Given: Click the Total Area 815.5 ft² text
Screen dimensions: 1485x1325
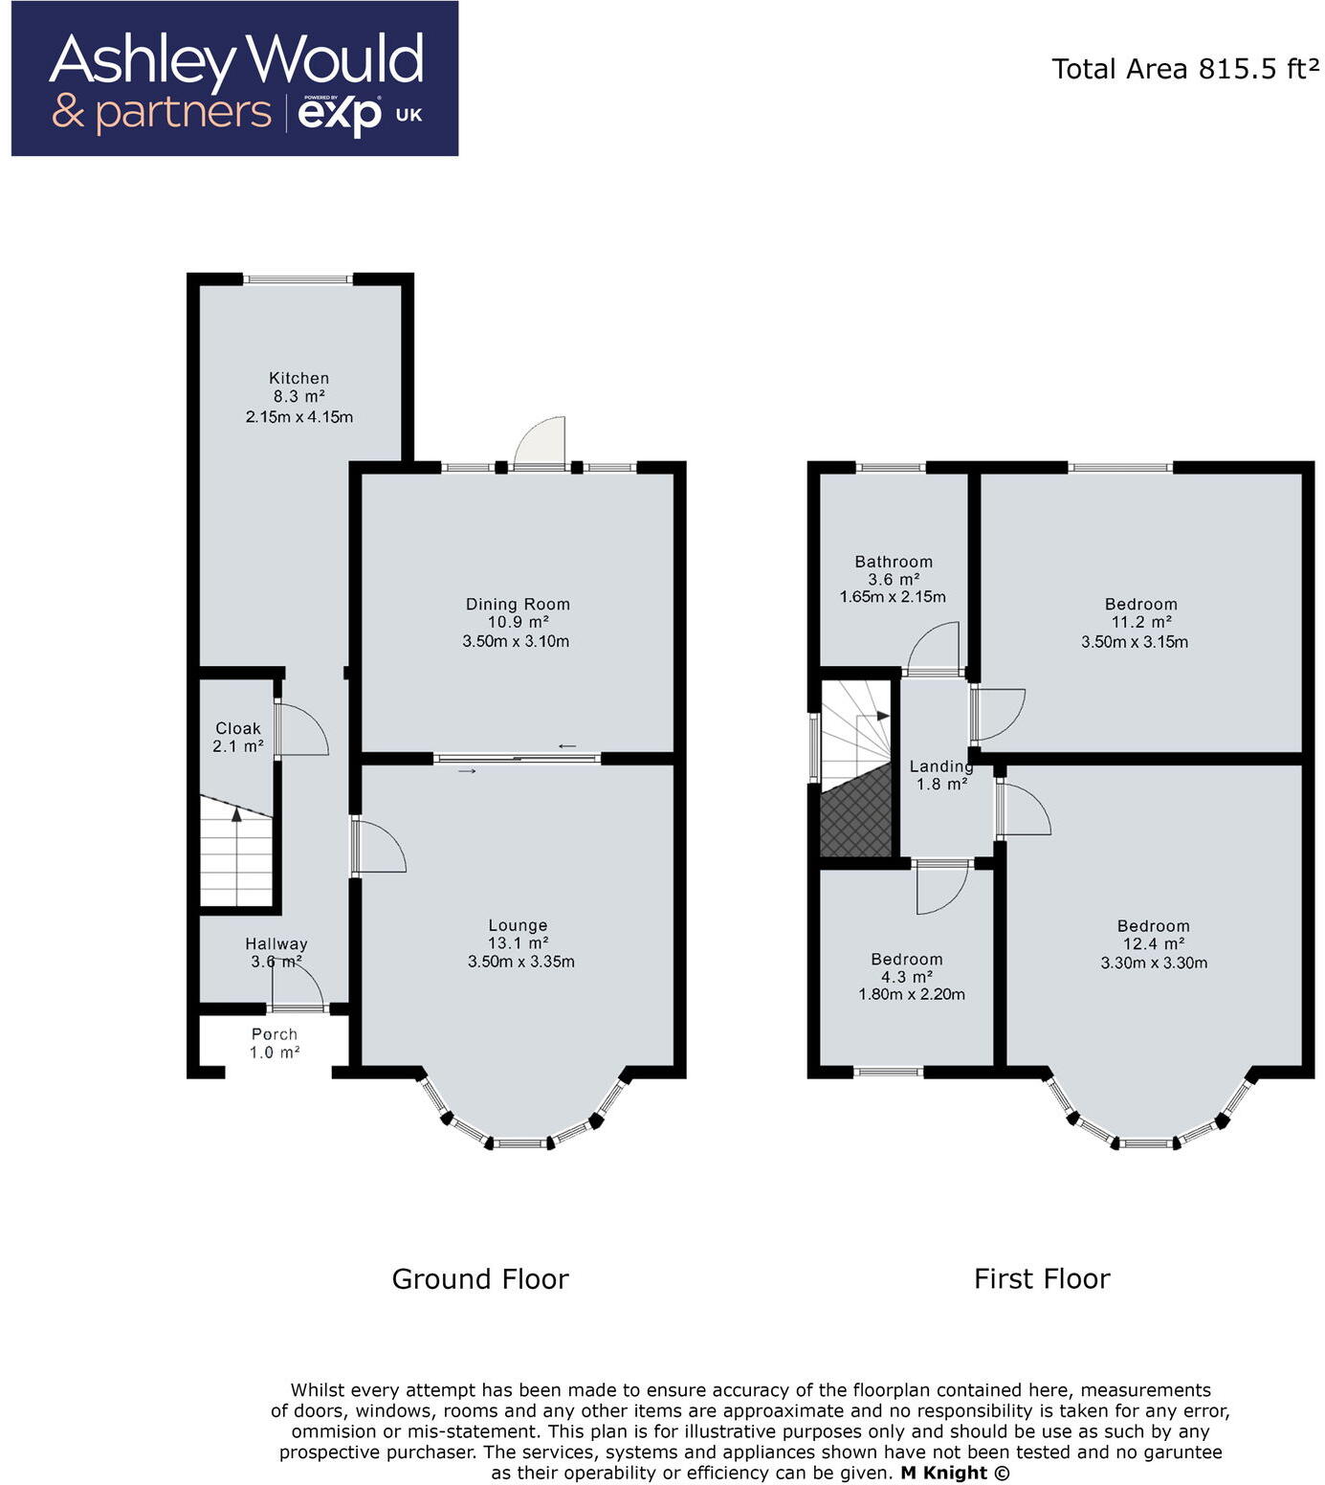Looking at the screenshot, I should click(x=1185, y=69).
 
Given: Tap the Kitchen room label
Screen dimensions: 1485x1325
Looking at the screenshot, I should click(x=298, y=378).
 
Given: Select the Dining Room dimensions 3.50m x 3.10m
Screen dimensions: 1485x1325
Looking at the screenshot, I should click(x=516, y=641).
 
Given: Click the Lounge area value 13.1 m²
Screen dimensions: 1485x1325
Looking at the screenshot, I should click(x=518, y=943).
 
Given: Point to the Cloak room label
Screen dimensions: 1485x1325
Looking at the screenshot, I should click(x=237, y=728).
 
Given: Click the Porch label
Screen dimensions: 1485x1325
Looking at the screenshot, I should click(x=275, y=1034).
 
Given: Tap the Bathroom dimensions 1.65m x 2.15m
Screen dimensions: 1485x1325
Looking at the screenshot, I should click(x=893, y=597).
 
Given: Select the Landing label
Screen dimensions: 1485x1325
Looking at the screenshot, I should click(x=941, y=766).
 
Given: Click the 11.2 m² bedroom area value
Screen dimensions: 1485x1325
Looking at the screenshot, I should click(x=1140, y=623).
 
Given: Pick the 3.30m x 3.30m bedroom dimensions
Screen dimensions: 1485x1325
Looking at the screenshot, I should click(x=1154, y=963).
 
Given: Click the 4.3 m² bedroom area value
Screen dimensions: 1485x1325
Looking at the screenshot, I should click(x=906, y=977).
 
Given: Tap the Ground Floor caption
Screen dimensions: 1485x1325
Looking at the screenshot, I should click(x=480, y=1279).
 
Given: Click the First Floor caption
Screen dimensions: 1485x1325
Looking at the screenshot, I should click(x=1042, y=1279).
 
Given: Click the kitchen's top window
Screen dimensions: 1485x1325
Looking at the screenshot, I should click(x=298, y=279).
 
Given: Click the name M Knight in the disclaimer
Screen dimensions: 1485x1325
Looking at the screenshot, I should click(x=944, y=1474).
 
